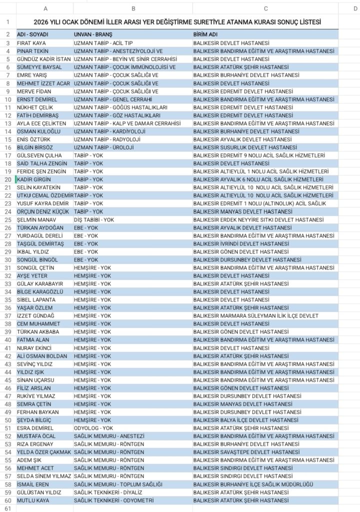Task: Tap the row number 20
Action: [x=8, y=179]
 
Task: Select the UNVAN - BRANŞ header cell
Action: [x=93, y=34]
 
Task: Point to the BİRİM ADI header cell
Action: [x=205, y=34]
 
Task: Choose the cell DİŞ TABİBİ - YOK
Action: [x=94, y=219]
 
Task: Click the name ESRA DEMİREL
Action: [x=35, y=428]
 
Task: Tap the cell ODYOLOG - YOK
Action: [x=93, y=428]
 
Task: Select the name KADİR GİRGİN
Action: [x=34, y=179]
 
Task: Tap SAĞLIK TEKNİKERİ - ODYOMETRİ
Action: [x=113, y=500]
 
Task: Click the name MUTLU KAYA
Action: [x=33, y=500]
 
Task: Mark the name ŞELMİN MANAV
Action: [x=36, y=219]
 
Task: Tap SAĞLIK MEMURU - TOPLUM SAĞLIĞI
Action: [x=118, y=484]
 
